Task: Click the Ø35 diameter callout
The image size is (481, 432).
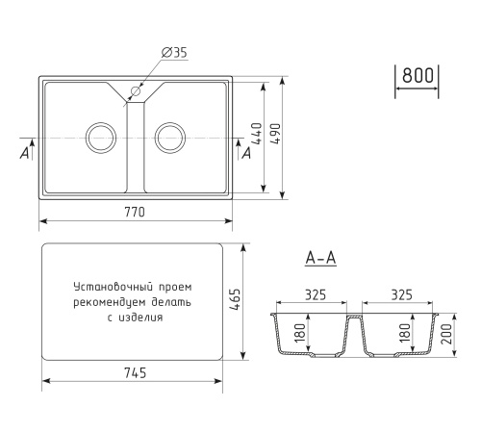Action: pos(173,52)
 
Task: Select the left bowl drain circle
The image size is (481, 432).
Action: pos(100,137)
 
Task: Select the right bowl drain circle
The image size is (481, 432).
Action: pos(170,137)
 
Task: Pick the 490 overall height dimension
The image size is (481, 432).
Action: pos(277,136)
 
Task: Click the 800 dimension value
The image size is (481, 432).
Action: pos(418,76)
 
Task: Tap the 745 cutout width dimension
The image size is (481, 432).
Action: pos(136,374)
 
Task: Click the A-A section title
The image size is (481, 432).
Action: pos(319,259)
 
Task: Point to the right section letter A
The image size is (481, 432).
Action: pos(246,151)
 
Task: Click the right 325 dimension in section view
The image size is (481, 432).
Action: pos(402,296)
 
